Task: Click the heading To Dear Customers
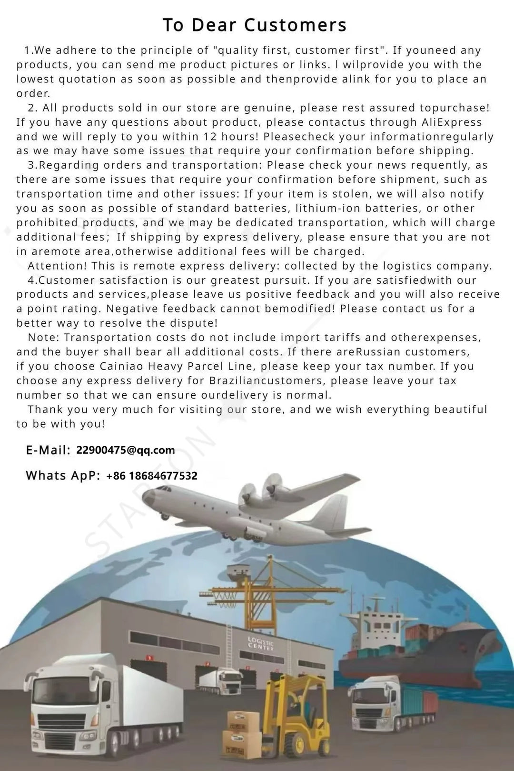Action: (x=255, y=25)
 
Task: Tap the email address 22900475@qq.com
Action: (x=125, y=450)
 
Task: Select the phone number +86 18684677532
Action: (x=151, y=476)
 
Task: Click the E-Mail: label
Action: (x=48, y=450)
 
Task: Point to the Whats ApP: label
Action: (x=63, y=475)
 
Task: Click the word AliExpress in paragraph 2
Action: (x=452, y=122)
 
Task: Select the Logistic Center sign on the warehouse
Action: (x=261, y=644)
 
